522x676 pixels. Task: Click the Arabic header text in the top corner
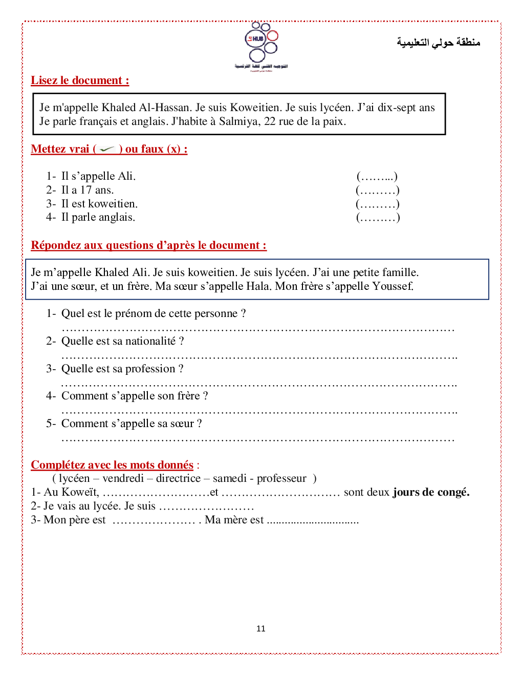coord(438,42)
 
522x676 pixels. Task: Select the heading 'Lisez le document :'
coord(80,80)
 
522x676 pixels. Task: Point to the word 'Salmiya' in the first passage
coord(239,121)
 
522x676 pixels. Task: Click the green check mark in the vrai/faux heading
coord(107,149)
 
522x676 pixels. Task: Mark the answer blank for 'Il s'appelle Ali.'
coord(377,177)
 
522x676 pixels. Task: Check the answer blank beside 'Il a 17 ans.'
coord(377,191)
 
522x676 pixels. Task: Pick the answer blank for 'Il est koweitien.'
coord(377,204)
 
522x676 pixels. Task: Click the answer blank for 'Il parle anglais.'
coord(378,218)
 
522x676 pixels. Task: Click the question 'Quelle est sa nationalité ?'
coord(122,341)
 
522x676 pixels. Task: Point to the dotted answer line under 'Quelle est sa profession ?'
coord(258,384)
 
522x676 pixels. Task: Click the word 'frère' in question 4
coord(188,396)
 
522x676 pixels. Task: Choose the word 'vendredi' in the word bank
coord(123,478)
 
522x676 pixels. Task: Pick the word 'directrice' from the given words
coord(178,478)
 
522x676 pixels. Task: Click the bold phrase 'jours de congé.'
coord(431,492)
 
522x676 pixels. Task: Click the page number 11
coord(261,629)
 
